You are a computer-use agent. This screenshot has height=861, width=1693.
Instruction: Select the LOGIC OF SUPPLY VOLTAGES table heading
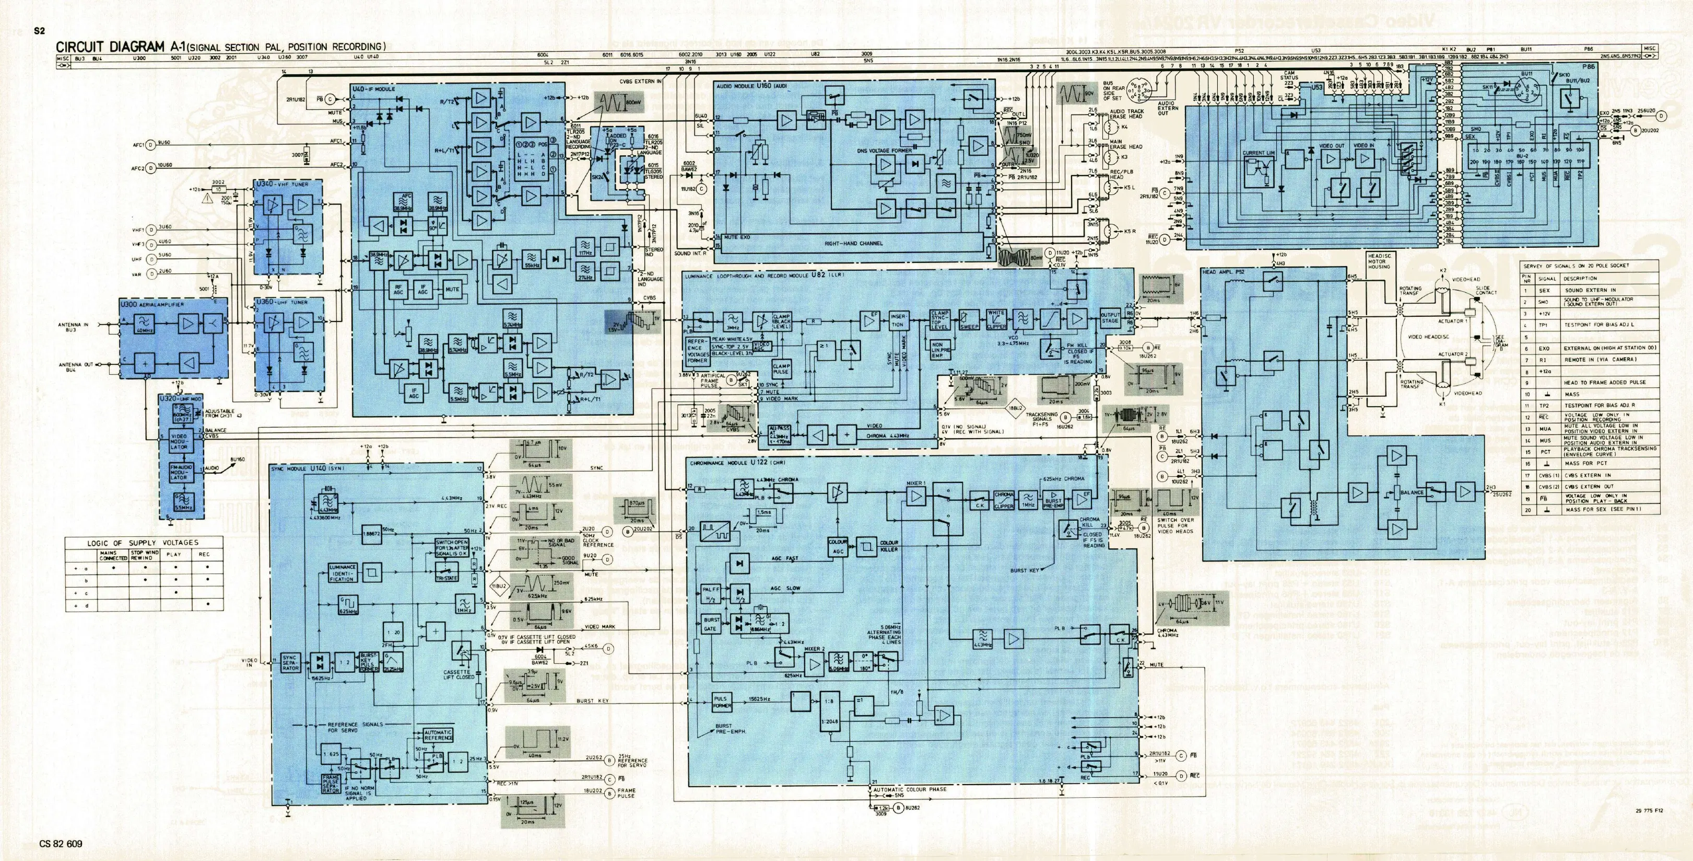143,543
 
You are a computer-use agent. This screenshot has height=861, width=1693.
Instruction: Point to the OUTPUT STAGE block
1110,318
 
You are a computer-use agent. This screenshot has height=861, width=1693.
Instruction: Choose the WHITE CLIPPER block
996,319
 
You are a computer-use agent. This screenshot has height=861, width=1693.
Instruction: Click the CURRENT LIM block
1258,153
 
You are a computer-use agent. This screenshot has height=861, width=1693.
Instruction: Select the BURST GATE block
711,624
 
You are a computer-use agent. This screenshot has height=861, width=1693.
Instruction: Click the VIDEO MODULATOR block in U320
178,441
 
